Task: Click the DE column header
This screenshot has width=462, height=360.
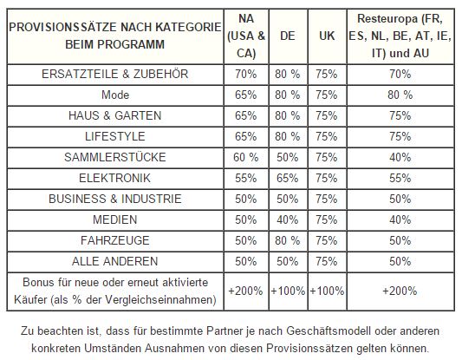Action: click(x=288, y=36)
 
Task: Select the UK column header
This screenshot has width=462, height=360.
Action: click(x=327, y=36)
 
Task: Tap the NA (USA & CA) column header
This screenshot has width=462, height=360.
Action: click(x=246, y=36)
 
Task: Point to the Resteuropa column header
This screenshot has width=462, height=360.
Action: click(x=400, y=36)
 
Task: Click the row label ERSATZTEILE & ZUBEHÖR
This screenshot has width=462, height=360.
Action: click(x=115, y=74)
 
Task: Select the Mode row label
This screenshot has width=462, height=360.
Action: click(x=115, y=95)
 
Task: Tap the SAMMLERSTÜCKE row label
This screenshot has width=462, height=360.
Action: click(x=115, y=157)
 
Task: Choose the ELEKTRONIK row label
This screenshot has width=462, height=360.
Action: click(x=115, y=178)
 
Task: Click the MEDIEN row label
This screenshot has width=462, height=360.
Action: click(x=115, y=219)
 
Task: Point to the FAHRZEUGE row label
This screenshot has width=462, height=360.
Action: click(x=115, y=240)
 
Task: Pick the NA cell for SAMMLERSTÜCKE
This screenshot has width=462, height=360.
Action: click(x=245, y=157)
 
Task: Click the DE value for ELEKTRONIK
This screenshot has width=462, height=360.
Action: click(x=287, y=179)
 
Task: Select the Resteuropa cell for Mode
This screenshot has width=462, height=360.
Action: click(x=400, y=95)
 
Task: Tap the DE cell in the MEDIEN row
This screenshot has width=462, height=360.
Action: click(x=287, y=220)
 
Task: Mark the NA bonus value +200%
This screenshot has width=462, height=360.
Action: click(x=245, y=291)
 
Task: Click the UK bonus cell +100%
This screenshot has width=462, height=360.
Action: click(x=327, y=291)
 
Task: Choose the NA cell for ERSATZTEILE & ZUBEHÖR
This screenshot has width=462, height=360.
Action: click(x=245, y=74)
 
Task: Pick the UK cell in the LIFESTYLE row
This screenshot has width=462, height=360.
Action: click(x=327, y=136)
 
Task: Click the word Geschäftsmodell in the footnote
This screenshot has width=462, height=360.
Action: click(x=329, y=331)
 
